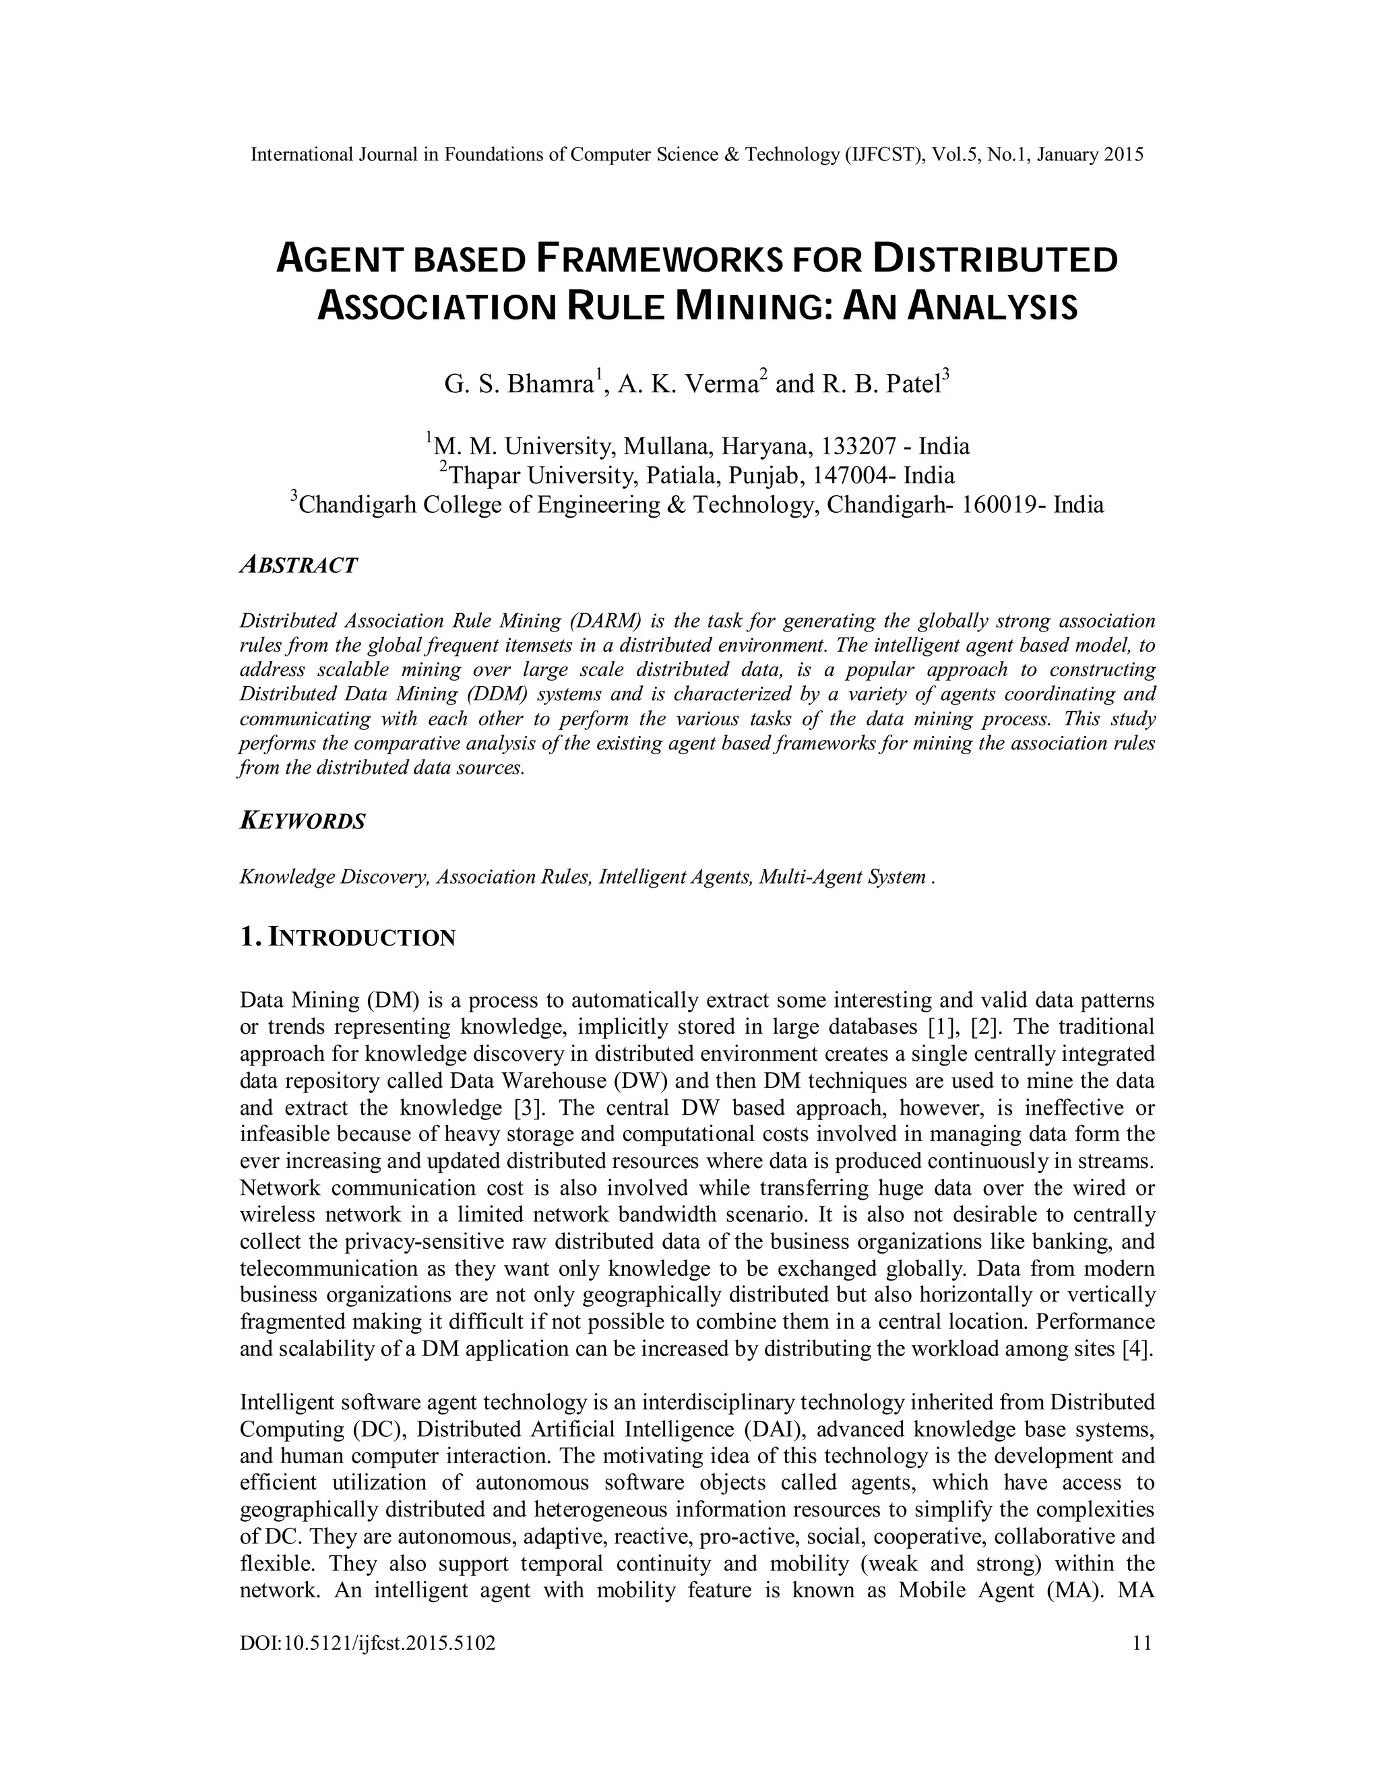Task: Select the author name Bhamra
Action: point(549,383)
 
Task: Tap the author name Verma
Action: point(720,383)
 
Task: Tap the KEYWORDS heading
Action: point(303,821)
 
